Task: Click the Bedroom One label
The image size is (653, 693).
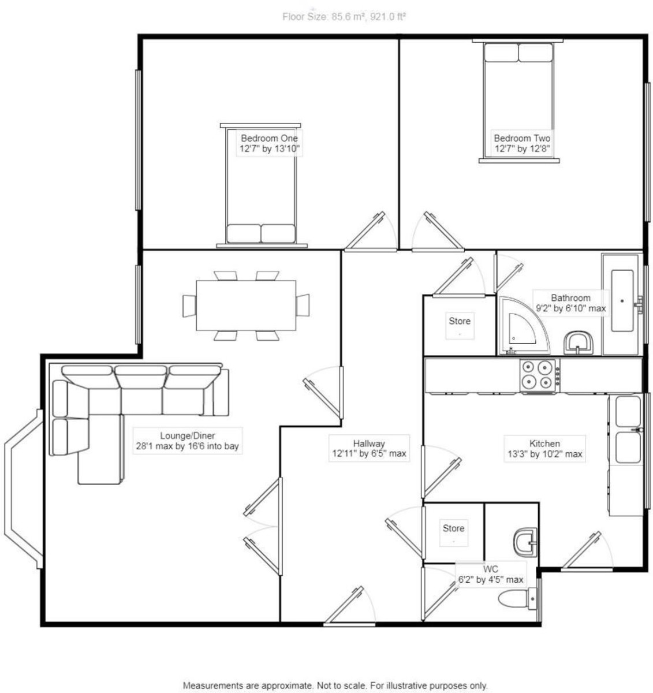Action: (x=269, y=138)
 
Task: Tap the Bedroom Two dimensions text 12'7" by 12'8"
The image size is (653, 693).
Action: (x=521, y=149)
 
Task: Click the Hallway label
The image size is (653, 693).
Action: (x=369, y=443)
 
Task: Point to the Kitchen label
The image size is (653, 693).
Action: (x=544, y=444)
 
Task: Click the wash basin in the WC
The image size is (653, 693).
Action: (x=525, y=541)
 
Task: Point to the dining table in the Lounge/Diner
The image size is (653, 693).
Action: (x=246, y=304)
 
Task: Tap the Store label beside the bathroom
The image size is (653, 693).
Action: (x=460, y=321)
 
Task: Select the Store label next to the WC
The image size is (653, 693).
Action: (x=453, y=528)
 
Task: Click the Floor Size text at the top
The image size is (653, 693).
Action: (x=344, y=17)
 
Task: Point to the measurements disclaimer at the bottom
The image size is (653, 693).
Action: (x=335, y=685)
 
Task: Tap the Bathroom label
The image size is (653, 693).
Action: (x=570, y=298)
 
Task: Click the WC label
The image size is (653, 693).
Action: (x=491, y=569)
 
